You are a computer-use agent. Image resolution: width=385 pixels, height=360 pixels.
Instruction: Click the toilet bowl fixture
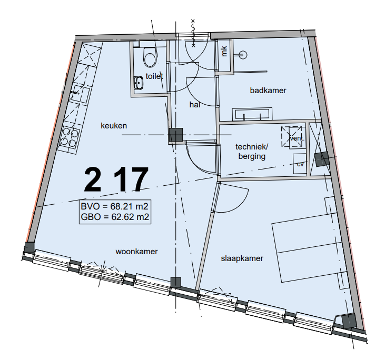click(150, 57)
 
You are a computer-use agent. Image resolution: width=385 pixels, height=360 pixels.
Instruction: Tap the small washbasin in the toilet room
click(139, 83)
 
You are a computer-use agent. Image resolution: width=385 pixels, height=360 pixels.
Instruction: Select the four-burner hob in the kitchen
click(70, 137)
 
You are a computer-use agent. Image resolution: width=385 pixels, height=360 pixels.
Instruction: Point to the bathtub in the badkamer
click(252, 114)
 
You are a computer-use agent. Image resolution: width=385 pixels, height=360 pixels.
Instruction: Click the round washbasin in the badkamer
click(243, 55)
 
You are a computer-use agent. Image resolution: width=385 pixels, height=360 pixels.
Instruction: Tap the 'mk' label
click(224, 51)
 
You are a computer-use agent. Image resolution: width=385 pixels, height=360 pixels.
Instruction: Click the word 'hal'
click(195, 105)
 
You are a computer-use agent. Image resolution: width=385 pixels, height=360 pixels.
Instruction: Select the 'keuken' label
click(114, 126)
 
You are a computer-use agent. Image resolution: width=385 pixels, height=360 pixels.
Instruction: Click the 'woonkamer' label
click(136, 252)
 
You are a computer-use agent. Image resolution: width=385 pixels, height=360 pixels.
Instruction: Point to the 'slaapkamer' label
click(242, 258)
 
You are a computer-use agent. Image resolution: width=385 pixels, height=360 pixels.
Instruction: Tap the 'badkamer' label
click(268, 91)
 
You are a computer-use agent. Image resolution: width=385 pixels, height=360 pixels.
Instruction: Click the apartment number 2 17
click(116, 179)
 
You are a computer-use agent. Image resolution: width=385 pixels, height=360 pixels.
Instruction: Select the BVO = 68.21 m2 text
click(114, 206)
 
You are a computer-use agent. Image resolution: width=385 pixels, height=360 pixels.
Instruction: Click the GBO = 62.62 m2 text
click(115, 217)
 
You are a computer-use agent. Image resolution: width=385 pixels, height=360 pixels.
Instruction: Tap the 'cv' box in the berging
click(300, 164)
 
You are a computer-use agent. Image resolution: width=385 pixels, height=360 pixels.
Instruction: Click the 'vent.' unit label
click(297, 138)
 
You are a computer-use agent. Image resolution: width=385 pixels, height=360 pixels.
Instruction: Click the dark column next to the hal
click(175, 135)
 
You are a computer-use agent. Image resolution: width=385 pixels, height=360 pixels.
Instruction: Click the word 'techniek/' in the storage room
click(252, 147)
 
